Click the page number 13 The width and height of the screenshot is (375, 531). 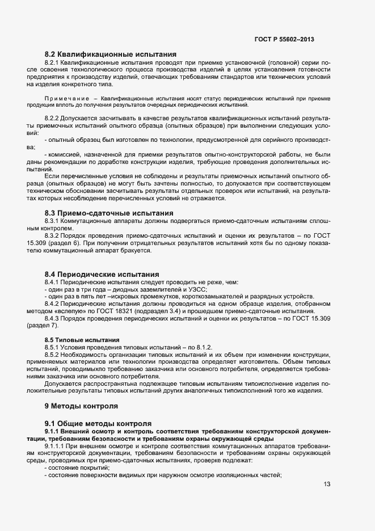(x=327, y=484)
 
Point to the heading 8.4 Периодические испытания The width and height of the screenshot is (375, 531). (x=102, y=275)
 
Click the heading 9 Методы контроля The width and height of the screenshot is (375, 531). (x=81, y=406)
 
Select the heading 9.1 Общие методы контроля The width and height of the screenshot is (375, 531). (x=98, y=423)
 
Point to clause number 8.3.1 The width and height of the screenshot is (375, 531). (x=52, y=221)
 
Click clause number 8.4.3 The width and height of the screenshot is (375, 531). (x=52, y=318)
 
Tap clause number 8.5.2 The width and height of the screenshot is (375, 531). (x=52, y=354)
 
